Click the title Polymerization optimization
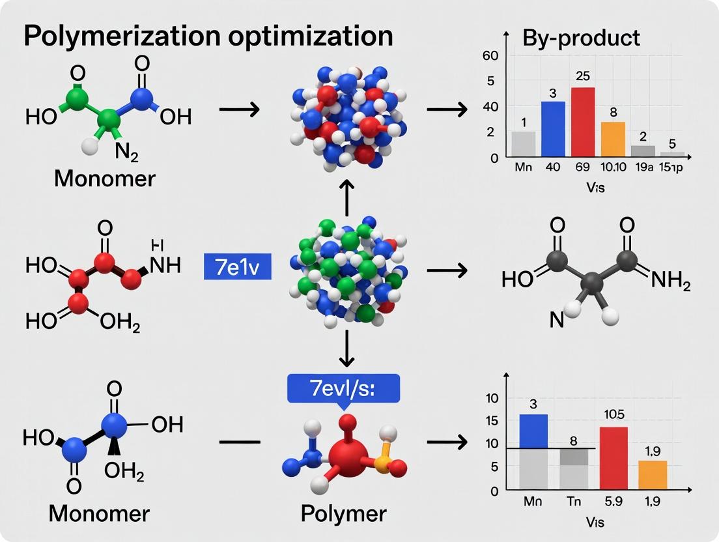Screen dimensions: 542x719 coord(208,36)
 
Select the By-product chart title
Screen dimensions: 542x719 coord(581,38)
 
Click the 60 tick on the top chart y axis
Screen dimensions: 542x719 coord(489,55)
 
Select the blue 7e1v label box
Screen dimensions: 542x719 coord(237,266)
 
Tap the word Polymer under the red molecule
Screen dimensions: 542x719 coord(343,513)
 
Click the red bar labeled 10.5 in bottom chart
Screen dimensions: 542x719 coord(613,457)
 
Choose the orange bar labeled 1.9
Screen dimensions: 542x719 coord(652,475)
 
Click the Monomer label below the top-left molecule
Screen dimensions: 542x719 coord(105,178)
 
